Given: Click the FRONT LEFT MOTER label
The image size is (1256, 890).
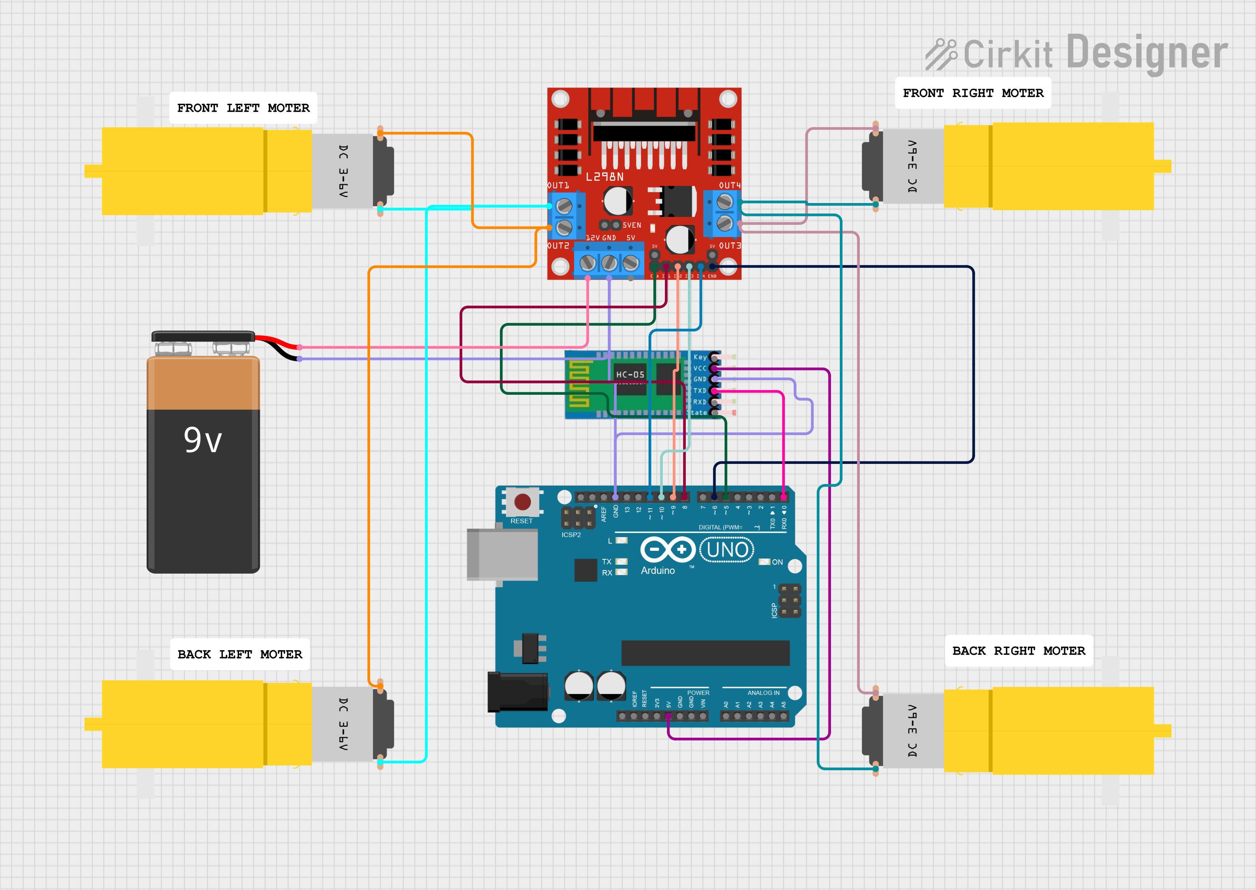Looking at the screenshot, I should point(243,108).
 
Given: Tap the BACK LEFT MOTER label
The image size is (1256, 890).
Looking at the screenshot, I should point(239,654).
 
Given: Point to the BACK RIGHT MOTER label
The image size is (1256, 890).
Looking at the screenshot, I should point(1018,651).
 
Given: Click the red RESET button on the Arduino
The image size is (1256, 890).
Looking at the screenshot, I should point(522,502).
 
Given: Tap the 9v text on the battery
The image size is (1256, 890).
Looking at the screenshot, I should point(203,440).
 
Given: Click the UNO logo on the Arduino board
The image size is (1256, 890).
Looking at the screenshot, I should point(727,550).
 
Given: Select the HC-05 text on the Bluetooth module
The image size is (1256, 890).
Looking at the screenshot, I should point(630,375).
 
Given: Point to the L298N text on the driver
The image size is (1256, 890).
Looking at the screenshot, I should point(605,177).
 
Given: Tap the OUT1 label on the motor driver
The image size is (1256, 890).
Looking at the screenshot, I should point(559,185).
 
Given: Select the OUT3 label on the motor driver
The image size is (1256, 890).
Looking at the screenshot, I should point(729,245).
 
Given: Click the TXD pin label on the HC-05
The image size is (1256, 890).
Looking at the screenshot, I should point(700,391).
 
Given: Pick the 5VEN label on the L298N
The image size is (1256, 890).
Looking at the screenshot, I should point(631,225).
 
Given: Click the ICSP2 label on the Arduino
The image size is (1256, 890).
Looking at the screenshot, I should point(571,535).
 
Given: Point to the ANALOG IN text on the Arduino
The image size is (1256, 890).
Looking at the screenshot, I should point(763,693).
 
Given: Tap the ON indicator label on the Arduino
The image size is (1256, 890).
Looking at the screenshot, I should point(777,562).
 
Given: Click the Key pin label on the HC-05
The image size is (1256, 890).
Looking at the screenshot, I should point(700,357).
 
